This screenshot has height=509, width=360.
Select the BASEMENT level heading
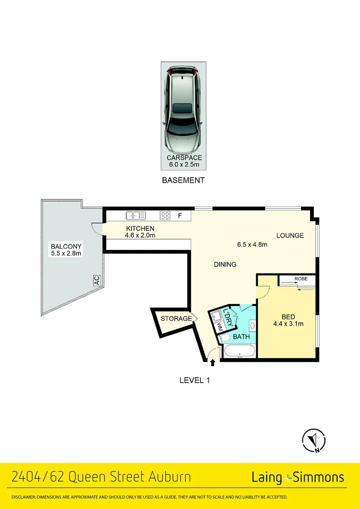click(183, 180)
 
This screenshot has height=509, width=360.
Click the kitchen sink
click(136, 216)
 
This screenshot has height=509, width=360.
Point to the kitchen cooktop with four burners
click(165, 216)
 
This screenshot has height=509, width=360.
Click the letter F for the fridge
click(180, 216)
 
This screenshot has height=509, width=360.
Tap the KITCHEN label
click(140, 229)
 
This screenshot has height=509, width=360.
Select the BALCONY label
click(66, 246)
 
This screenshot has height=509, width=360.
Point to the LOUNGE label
click(290, 236)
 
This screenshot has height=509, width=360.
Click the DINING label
click(225, 264)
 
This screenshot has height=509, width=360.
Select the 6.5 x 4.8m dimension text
click(252, 245)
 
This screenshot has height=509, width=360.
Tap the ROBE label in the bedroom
click(301, 279)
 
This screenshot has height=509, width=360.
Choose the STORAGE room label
click(176, 319)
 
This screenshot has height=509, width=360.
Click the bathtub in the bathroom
click(239, 352)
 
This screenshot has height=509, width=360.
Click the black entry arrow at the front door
click(213, 362)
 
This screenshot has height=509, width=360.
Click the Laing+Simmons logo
click(298, 477)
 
